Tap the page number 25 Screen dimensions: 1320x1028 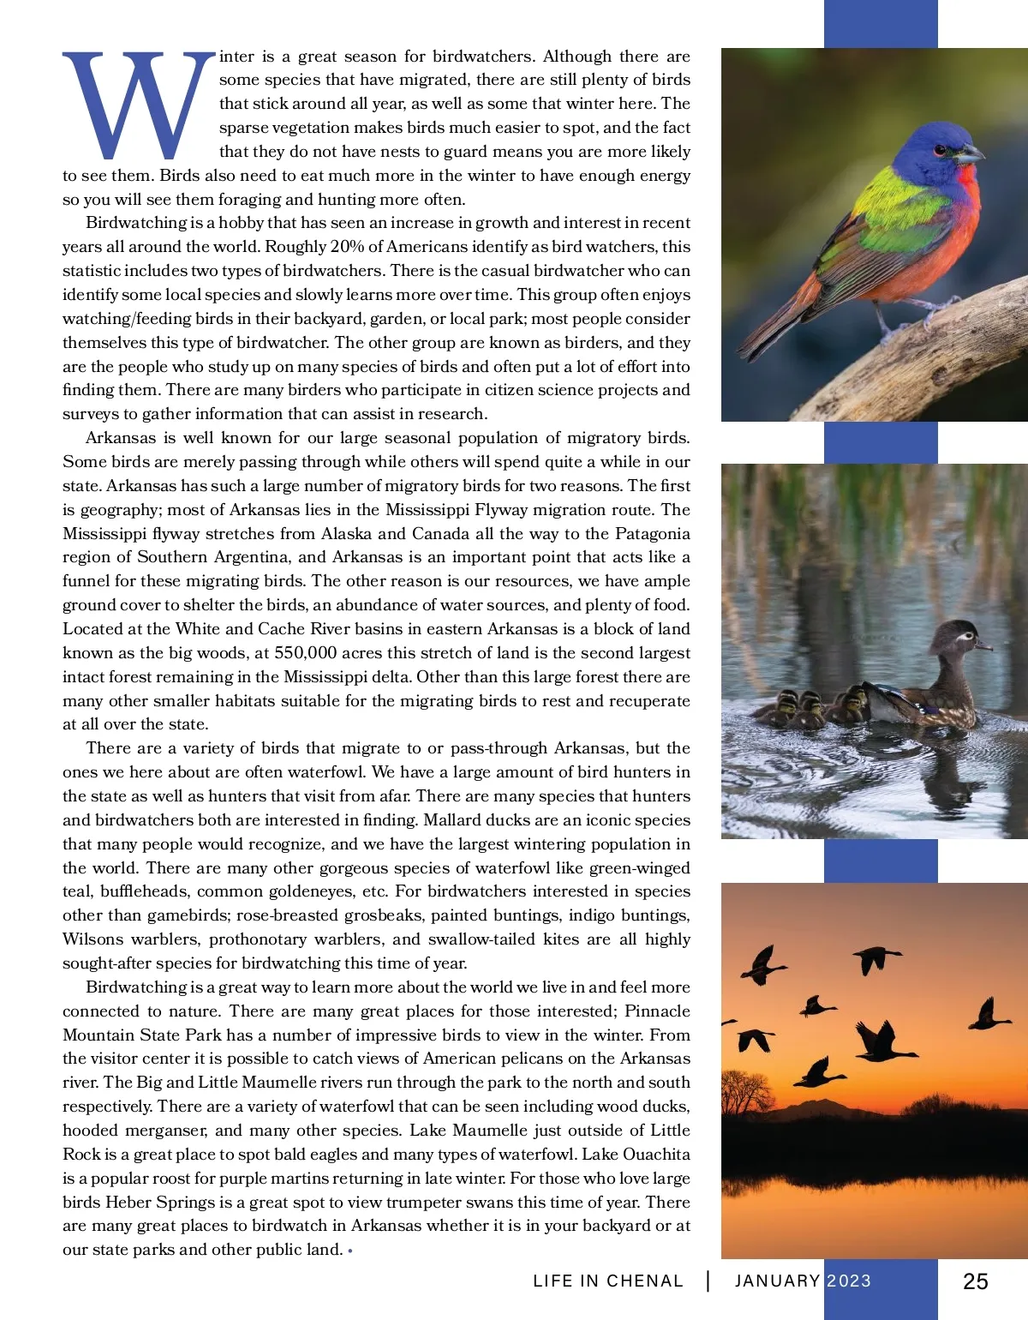(x=975, y=1281)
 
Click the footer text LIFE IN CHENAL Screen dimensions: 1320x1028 (x=607, y=1281)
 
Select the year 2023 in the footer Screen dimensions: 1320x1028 (x=848, y=1281)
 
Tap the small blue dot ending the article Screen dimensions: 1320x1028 (x=351, y=1251)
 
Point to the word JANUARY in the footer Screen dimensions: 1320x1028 (x=777, y=1281)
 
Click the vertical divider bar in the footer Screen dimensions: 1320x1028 (x=708, y=1281)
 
